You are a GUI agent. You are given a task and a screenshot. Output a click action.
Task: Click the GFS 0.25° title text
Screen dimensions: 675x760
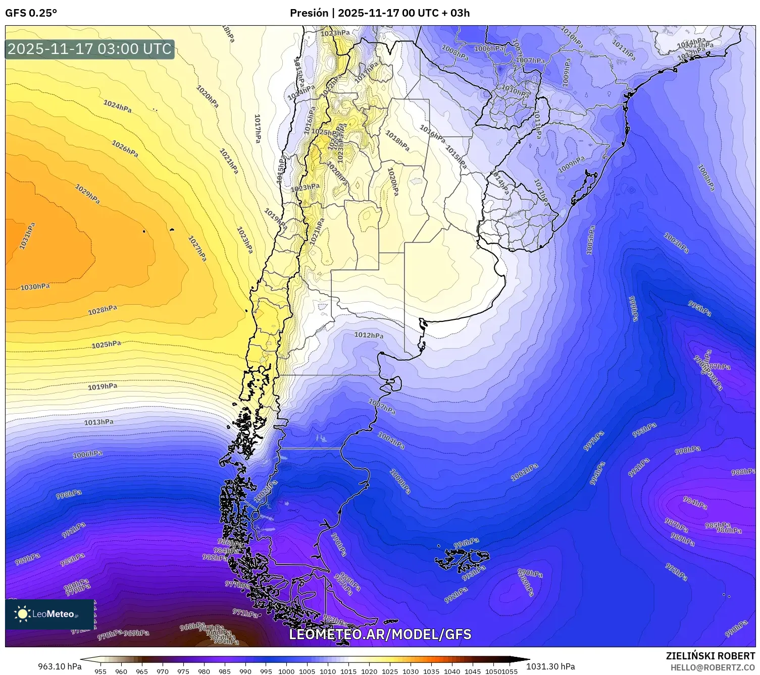[31, 13]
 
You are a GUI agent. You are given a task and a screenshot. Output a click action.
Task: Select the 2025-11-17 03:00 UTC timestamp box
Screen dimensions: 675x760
[90, 49]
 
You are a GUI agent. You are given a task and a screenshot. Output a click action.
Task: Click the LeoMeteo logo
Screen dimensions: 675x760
[49, 614]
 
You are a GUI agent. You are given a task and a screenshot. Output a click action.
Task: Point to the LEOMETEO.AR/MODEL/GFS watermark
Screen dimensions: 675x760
[380, 634]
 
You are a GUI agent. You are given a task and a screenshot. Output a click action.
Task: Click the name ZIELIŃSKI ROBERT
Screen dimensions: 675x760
[711, 656]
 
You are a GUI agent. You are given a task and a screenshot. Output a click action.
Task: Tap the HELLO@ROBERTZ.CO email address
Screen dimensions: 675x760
[713, 667]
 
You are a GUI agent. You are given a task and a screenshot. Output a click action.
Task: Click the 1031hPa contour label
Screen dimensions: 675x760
[28, 236]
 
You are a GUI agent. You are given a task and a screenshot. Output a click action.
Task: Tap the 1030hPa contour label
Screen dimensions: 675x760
[35, 287]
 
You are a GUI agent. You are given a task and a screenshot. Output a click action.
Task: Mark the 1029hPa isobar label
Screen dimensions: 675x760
[87, 194]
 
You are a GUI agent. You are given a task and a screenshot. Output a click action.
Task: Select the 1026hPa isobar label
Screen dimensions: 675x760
[125, 149]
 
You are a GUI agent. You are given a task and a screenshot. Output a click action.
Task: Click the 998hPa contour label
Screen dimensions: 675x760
[69, 494]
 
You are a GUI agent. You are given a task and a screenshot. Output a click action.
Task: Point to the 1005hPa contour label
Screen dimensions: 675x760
[590, 240]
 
